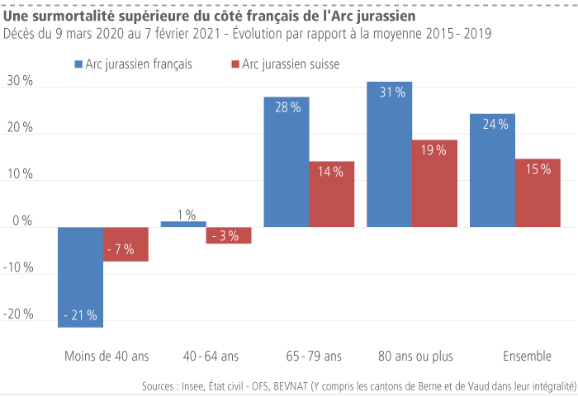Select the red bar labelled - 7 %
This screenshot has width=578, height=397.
(126, 244)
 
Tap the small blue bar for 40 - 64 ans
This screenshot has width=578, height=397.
(183, 224)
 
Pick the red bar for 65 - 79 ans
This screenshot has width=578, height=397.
(331, 194)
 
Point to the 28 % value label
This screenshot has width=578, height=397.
(287, 108)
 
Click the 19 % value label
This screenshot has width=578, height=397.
(434, 150)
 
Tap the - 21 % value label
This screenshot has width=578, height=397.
(80, 314)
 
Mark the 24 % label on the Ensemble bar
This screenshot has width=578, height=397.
(493, 125)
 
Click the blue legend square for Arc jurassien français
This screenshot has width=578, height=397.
(78, 64)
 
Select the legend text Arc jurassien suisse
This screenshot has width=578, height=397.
(291, 64)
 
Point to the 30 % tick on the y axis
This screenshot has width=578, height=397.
(20, 81)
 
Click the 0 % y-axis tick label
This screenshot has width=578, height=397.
(22, 221)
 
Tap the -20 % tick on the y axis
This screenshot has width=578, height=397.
(20, 314)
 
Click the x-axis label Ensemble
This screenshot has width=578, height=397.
(527, 357)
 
